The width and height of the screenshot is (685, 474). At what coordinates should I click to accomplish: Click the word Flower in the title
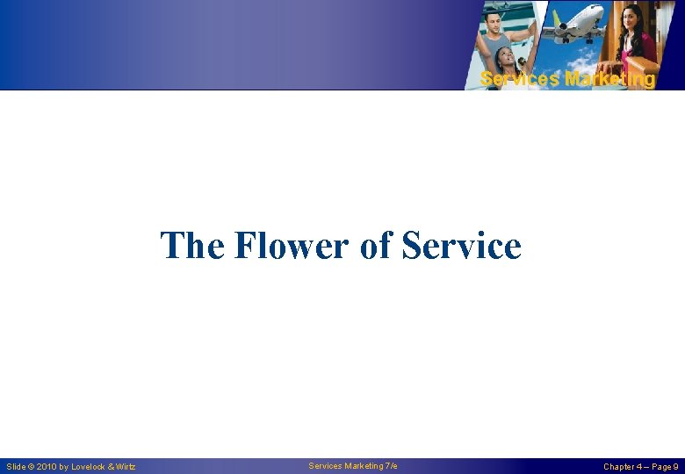pos(292,246)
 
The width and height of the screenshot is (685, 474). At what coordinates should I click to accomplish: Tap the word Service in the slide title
pos(461,246)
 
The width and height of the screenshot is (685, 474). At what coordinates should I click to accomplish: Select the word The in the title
pos(192,246)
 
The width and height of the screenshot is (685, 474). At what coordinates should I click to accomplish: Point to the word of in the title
pos(377,246)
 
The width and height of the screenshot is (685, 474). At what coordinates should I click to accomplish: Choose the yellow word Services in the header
pos(520,79)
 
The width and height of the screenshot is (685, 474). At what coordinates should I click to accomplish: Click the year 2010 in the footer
pos(47,467)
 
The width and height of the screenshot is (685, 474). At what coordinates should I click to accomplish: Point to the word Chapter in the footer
pos(620,467)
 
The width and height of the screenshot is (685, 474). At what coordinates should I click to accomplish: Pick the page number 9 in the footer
pos(675,467)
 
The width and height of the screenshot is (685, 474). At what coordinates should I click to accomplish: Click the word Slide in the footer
pos(16,467)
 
